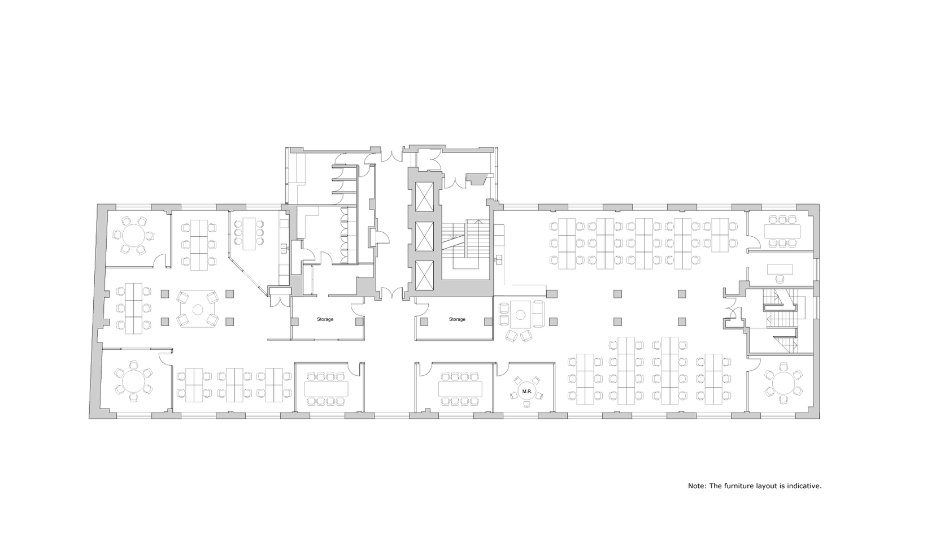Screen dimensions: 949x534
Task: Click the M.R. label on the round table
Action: tap(527, 391)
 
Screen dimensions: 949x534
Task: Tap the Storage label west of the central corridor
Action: tap(325, 319)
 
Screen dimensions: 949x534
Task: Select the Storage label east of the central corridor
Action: tap(457, 319)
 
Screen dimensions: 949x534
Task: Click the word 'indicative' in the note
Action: tap(804, 486)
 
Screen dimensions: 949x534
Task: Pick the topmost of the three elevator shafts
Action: tap(424, 197)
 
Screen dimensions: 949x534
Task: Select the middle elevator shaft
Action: tap(424, 236)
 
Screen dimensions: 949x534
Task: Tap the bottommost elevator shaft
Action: tap(424, 275)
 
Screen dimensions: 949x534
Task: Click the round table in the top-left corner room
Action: tap(134, 235)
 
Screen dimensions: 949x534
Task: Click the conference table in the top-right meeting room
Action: tap(782, 232)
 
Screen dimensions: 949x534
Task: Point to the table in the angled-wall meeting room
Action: tap(249, 233)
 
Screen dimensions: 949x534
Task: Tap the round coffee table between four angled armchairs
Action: tap(198, 310)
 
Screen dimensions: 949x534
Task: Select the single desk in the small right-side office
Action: tap(780, 269)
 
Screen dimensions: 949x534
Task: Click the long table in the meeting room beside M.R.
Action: tap(460, 389)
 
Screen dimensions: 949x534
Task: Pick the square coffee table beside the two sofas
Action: tap(521, 314)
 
